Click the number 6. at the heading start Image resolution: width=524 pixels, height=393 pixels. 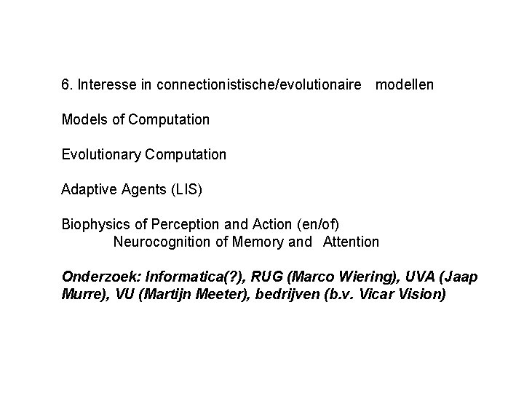[67, 85]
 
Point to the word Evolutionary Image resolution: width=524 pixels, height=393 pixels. [101, 154]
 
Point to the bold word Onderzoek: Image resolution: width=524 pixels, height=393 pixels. [101, 277]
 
